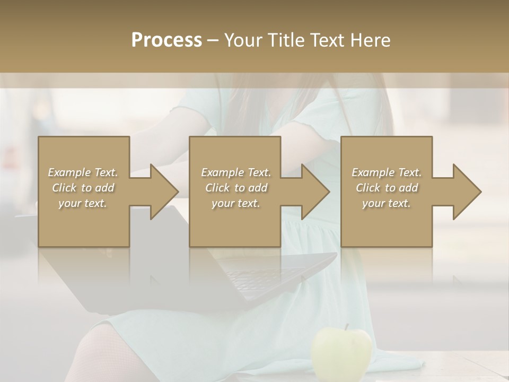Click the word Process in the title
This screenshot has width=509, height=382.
(x=166, y=40)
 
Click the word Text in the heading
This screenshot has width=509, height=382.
(x=327, y=40)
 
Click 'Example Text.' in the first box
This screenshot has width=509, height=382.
(x=83, y=172)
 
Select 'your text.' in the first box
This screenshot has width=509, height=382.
(x=83, y=203)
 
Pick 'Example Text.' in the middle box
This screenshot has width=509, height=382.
(x=235, y=172)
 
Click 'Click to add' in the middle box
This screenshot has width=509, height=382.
(x=235, y=188)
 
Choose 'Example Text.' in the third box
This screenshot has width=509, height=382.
(x=387, y=172)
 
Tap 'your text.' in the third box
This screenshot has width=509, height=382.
(x=387, y=203)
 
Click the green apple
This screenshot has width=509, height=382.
(x=341, y=353)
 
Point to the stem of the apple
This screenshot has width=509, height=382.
(x=346, y=327)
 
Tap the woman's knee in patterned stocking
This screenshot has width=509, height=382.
(x=98, y=350)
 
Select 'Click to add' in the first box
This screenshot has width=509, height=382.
(x=83, y=188)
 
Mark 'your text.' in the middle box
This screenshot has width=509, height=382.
(x=235, y=203)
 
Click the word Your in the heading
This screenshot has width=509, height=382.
(x=243, y=40)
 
